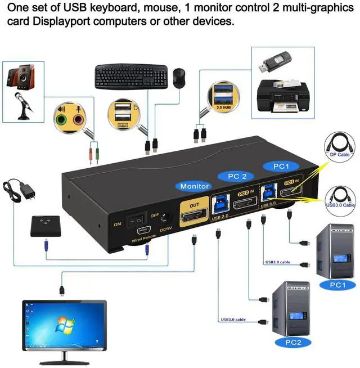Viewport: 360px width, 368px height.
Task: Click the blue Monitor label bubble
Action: point(195,186)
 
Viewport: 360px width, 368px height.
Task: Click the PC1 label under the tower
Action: point(337,285)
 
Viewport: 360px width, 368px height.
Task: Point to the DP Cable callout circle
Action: point(340,149)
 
